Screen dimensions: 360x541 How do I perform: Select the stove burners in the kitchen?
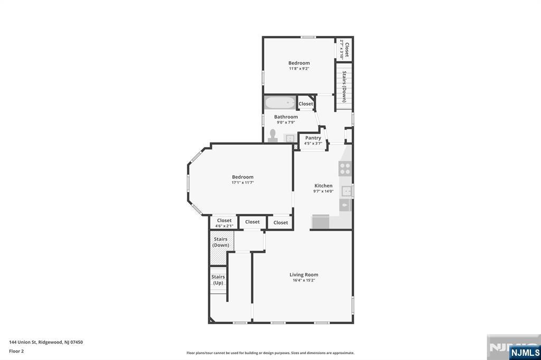point(345,168)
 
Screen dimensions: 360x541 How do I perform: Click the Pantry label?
point(313,138)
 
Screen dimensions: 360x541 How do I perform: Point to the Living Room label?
point(304,274)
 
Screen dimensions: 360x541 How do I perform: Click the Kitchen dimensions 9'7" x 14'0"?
point(323,191)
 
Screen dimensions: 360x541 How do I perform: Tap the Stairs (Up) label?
point(218,280)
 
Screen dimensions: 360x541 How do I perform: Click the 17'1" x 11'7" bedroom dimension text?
point(242,183)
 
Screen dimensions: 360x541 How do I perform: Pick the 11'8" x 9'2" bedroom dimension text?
point(299,69)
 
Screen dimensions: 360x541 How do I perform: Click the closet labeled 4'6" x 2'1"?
point(224,223)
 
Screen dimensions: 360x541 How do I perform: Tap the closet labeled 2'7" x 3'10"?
point(344,49)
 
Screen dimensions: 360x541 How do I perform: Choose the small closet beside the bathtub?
point(306,104)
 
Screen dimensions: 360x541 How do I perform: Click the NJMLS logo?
point(525,352)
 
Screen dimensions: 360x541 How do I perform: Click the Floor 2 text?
point(16,350)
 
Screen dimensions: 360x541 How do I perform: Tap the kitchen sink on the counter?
point(346,191)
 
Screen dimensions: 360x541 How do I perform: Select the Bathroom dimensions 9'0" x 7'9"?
point(285,122)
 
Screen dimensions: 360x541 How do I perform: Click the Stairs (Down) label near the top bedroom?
point(344,86)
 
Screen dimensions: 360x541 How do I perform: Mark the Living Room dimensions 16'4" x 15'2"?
point(304,280)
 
